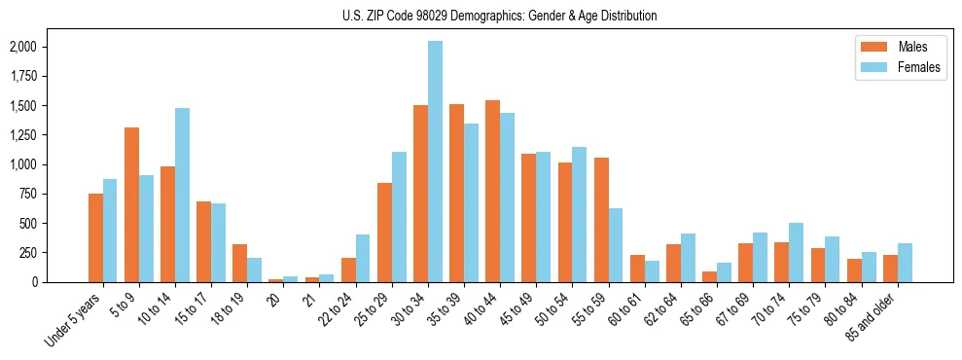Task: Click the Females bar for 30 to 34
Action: coord(435,162)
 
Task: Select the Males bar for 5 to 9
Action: coord(131,204)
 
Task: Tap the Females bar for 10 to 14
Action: coord(182,195)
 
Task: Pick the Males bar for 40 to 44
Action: coord(492,191)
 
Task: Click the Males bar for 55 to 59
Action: coord(600,220)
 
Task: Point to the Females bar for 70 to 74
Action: coord(796,252)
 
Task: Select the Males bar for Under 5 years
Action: coord(95,237)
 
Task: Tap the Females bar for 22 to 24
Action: coord(363,258)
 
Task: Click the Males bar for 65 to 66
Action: coord(709,276)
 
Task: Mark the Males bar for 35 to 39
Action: coord(456,193)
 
